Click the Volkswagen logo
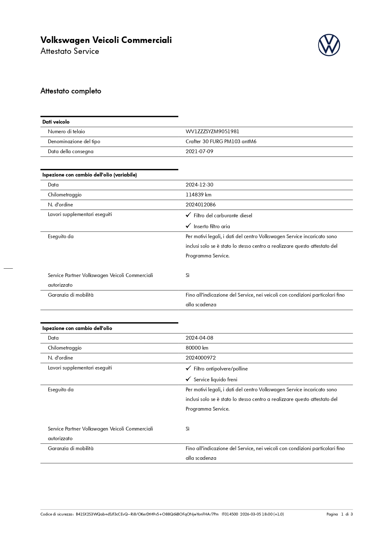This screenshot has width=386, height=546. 329,45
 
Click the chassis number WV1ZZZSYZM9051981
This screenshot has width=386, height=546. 212,132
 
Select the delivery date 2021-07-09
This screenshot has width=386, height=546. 199,152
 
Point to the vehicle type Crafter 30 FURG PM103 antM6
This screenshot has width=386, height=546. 221,142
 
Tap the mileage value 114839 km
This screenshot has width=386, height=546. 198,195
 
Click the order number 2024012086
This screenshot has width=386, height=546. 201,205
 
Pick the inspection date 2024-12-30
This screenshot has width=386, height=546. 199,185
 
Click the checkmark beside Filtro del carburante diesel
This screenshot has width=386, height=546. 188,215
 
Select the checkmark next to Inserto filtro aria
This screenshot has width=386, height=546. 188,226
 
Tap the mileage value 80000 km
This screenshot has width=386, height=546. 197,348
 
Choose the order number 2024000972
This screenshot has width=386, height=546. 201,358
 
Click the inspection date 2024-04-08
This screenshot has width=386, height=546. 199,338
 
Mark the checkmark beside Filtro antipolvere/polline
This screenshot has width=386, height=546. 188,368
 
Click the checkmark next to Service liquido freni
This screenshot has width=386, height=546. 188,379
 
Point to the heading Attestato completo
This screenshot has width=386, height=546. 71,91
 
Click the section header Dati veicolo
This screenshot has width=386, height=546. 56,122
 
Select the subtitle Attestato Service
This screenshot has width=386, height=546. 70,51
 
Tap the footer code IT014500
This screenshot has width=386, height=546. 230,514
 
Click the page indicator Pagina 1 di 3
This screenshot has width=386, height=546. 339,514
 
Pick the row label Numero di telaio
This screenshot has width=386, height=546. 66,132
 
